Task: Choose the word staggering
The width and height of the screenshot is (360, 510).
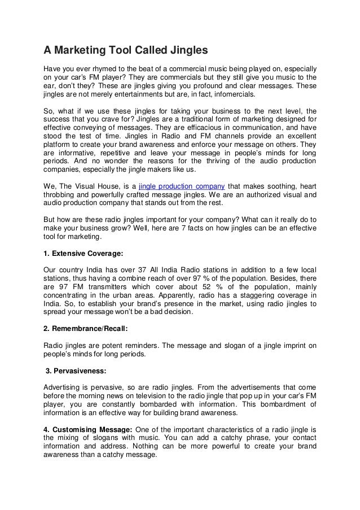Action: click(x=264, y=295)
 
